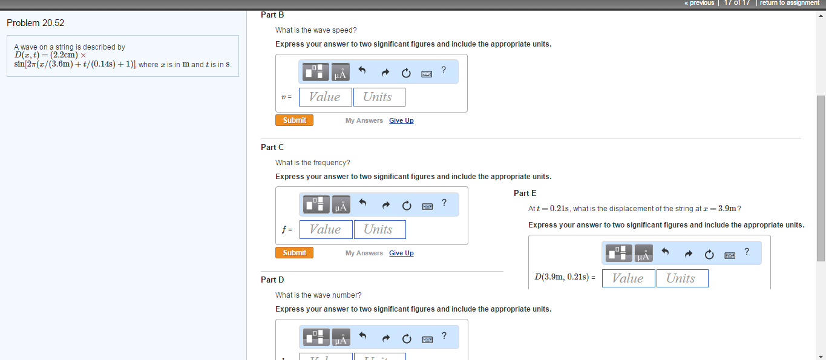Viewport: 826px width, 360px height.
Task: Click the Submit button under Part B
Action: [294, 120]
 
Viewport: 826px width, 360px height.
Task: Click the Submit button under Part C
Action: [294, 253]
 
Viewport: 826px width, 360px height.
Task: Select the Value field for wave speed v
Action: [325, 97]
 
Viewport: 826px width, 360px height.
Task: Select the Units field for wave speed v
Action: [378, 97]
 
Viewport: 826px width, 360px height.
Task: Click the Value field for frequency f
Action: [326, 229]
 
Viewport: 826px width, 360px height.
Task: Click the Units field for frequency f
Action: [379, 229]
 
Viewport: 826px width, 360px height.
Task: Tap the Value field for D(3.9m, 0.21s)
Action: [628, 278]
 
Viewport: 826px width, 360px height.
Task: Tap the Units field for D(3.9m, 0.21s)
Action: [681, 278]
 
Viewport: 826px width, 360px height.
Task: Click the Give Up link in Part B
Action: [401, 121]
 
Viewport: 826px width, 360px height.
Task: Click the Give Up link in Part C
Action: [401, 254]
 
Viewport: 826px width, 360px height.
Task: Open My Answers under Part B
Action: [364, 121]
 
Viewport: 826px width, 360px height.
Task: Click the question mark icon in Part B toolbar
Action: [444, 70]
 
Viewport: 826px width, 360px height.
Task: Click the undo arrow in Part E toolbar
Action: [665, 252]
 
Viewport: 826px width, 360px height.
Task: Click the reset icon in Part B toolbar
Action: [406, 73]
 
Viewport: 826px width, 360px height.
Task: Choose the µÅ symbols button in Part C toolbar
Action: [341, 205]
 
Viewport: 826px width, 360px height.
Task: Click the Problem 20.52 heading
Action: [35, 23]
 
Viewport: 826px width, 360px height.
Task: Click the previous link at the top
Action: [700, 3]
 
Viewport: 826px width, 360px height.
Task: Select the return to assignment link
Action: [789, 3]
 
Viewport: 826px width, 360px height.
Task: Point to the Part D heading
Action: [272, 280]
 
